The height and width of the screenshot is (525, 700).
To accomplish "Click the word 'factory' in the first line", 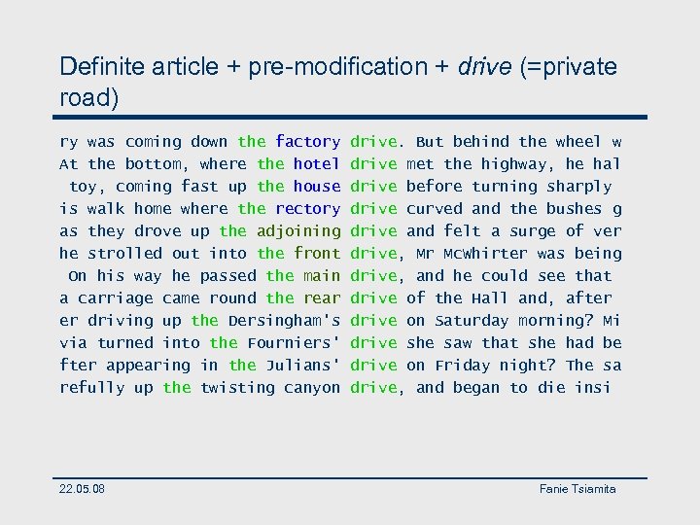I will coord(307,142).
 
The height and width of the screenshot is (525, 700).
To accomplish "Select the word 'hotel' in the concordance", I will coord(316,164).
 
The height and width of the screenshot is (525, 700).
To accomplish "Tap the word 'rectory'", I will coord(307,209).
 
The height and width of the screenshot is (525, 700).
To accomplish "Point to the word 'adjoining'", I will coord(297,231).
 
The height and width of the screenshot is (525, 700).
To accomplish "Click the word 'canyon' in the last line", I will coord(311,388).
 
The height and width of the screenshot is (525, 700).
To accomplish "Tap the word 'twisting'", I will coord(236,388).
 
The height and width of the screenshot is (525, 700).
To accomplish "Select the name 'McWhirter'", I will coord(481,254).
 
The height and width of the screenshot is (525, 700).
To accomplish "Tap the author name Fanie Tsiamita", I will coord(577,488).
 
